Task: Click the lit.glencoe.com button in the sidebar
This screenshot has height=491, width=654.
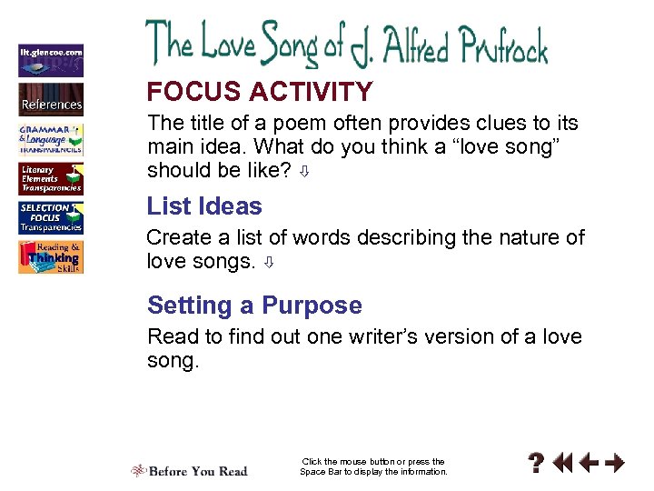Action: [x=51, y=60]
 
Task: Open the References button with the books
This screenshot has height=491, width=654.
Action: [x=51, y=98]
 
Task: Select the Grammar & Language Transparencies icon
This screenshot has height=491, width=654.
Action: [x=51, y=138]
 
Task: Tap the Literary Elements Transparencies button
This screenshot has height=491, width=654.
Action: [x=51, y=178]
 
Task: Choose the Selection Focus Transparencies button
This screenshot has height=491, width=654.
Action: [x=51, y=218]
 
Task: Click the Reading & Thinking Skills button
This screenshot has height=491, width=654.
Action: [x=51, y=257]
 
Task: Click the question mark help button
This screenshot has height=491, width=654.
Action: [x=537, y=464]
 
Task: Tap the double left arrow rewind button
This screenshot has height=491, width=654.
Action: [x=563, y=464]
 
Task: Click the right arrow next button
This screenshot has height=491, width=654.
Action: [x=615, y=464]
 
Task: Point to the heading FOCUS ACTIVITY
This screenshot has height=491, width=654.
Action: [x=260, y=92]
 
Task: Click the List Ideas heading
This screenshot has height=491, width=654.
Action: [x=204, y=206]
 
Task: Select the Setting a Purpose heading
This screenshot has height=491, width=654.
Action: [x=254, y=306]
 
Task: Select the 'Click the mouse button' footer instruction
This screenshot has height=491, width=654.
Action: [x=373, y=466]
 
